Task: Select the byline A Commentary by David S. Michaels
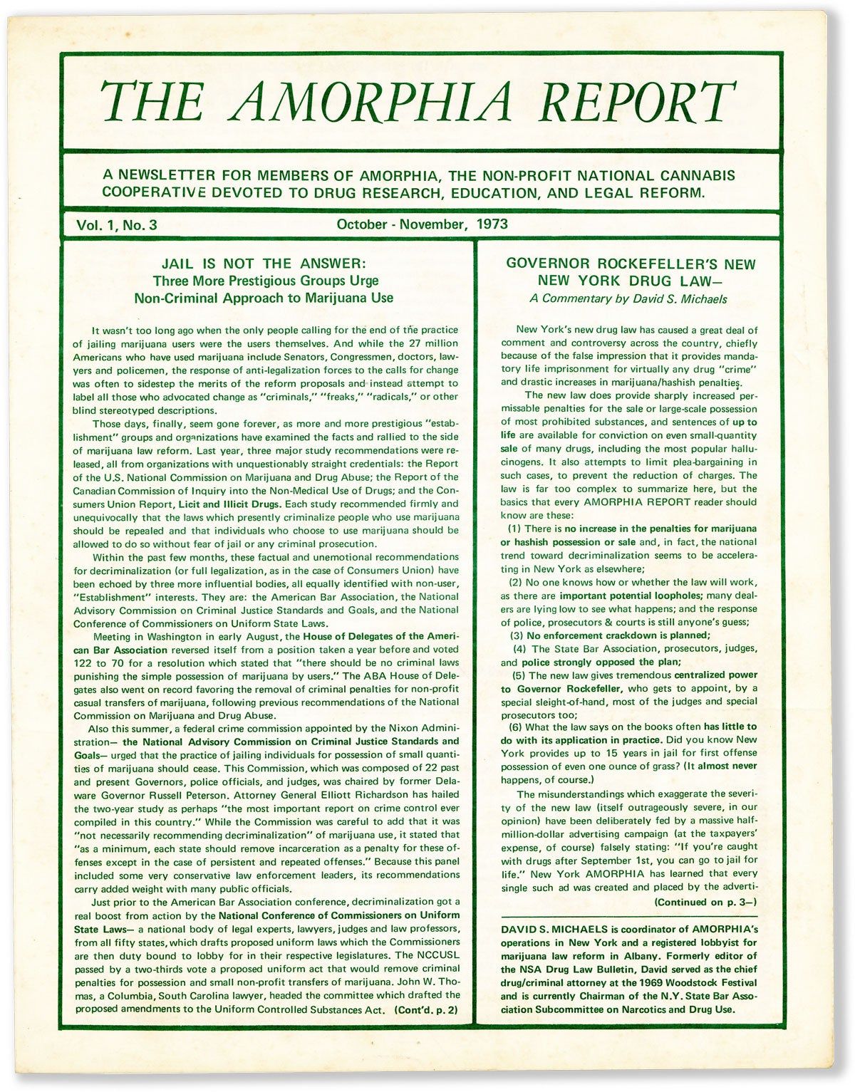pos(628,299)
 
